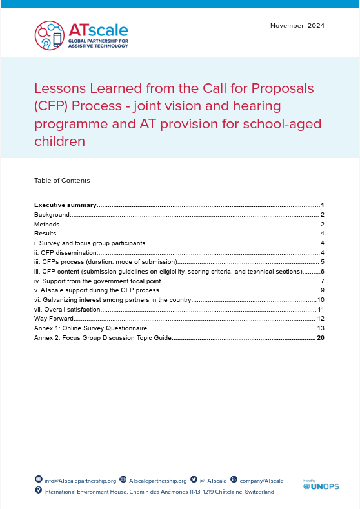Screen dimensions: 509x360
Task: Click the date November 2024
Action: coord(297,26)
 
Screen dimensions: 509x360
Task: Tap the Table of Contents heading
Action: coord(62,180)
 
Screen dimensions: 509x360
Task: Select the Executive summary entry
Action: coord(65,205)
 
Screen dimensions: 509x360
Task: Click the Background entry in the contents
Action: coord(52,214)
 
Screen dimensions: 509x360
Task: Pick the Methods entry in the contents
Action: coord(47,224)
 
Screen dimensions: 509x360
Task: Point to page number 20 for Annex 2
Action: coord(320,337)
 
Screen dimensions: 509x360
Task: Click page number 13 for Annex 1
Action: coord(320,328)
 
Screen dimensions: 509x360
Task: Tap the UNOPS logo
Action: coord(321,486)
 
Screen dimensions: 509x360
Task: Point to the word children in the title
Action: coord(59,140)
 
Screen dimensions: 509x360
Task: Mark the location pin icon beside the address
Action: coord(38,491)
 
